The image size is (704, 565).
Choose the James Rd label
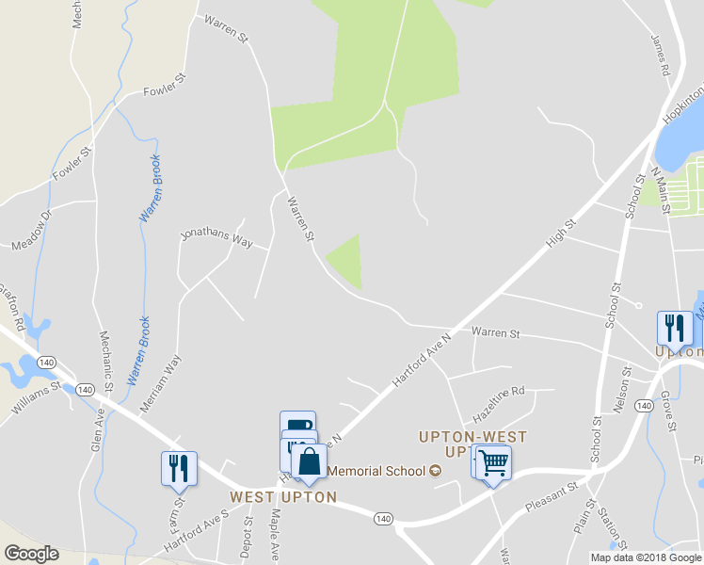[660, 56]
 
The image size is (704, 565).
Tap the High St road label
[562, 234]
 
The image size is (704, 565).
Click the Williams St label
[36, 397]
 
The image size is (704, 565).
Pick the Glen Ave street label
[98, 429]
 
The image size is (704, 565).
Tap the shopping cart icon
[493, 462]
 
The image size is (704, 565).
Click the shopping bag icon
[309, 460]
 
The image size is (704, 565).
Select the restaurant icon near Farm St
[179, 467]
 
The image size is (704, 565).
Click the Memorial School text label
[378, 471]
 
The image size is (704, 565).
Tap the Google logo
[31, 554]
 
